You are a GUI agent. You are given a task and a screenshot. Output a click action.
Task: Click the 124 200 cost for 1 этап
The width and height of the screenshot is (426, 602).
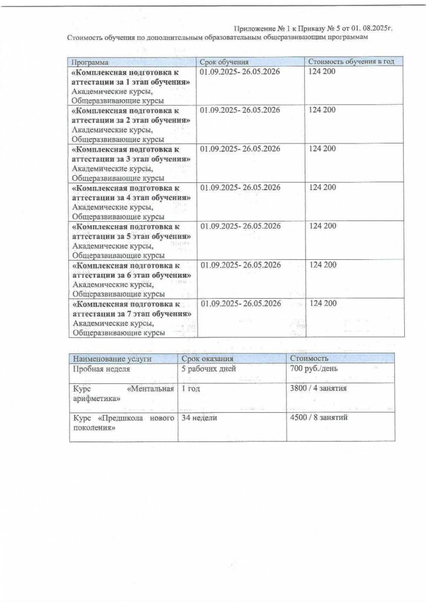click(x=322, y=72)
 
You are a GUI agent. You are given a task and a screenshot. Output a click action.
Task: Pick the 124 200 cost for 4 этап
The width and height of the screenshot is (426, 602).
click(x=322, y=188)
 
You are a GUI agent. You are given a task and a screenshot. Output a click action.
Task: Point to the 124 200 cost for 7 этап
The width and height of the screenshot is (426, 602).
click(x=322, y=303)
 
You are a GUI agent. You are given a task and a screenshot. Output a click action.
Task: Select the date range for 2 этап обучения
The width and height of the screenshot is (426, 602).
click(x=239, y=111)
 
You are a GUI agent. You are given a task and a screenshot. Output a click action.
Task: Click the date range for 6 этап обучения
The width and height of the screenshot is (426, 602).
click(x=239, y=265)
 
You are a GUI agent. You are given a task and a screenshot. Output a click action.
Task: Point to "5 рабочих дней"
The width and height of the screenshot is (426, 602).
click(x=209, y=369)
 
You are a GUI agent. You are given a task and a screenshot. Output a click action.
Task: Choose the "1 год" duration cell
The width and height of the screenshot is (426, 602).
click(x=191, y=389)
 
